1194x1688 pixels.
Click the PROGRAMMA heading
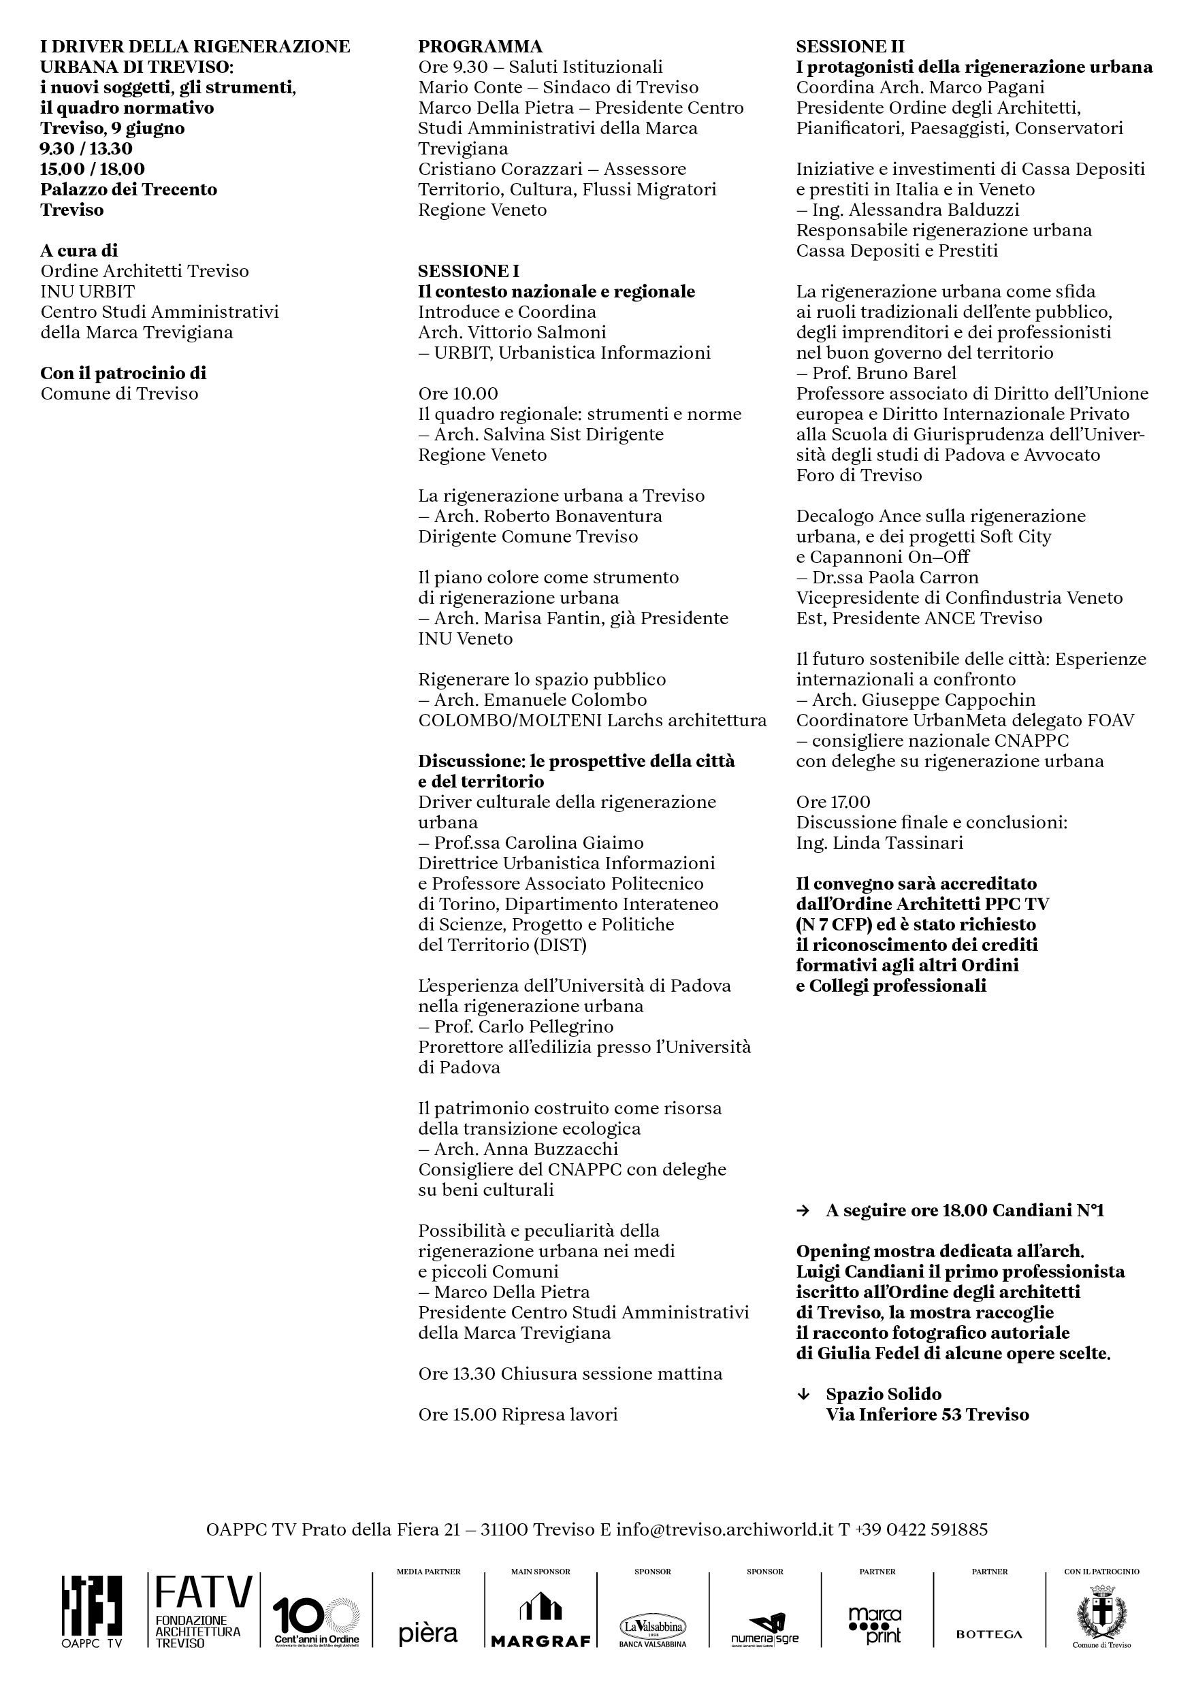click(480, 47)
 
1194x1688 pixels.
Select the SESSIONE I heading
click(468, 272)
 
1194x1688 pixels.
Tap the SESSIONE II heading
click(850, 47)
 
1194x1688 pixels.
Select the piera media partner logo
click(428, 1633)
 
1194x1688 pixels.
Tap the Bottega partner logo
click(989, 1634)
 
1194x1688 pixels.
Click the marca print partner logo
click(875, 1624)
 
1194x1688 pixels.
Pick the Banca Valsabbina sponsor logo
click(652, 1630)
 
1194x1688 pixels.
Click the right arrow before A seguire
click(803, 1211)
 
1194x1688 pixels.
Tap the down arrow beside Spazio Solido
click(803, 1394)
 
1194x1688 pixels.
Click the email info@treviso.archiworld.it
click(725, 1530)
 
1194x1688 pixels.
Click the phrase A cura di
click(80, 250)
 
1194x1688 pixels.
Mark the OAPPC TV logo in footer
click(92, 1614)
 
